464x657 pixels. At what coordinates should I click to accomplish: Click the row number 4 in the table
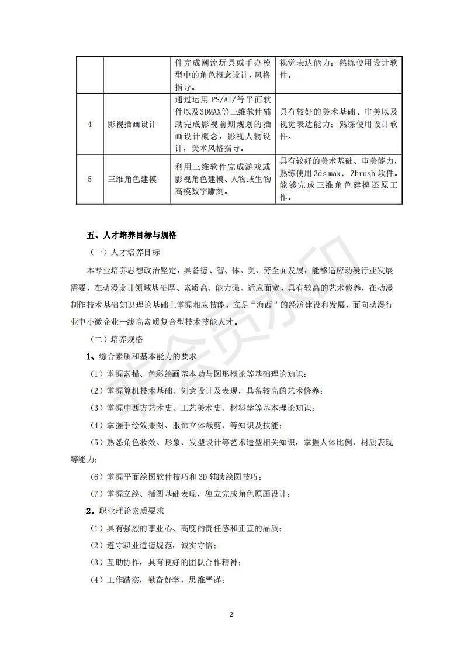[89, 124]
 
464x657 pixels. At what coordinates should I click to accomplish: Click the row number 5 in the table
[89, 179]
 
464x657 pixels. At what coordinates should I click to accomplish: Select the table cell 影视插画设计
[132, 124]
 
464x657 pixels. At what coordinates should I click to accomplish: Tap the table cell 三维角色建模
[132, 179]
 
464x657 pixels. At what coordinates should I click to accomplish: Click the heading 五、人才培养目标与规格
[131, 236]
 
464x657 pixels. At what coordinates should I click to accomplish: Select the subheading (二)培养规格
[117, 339]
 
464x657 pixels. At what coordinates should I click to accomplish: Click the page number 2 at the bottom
[231, 615]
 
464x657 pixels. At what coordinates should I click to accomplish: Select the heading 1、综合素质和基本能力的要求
[141, 356]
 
